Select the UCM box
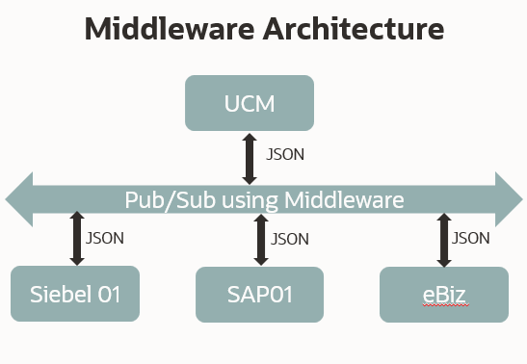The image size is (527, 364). [x=250, y=102]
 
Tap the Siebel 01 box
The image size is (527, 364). [x=74, y=294]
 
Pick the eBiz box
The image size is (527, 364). [x=443, y=294]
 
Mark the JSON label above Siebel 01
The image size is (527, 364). [x=104, y=237]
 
